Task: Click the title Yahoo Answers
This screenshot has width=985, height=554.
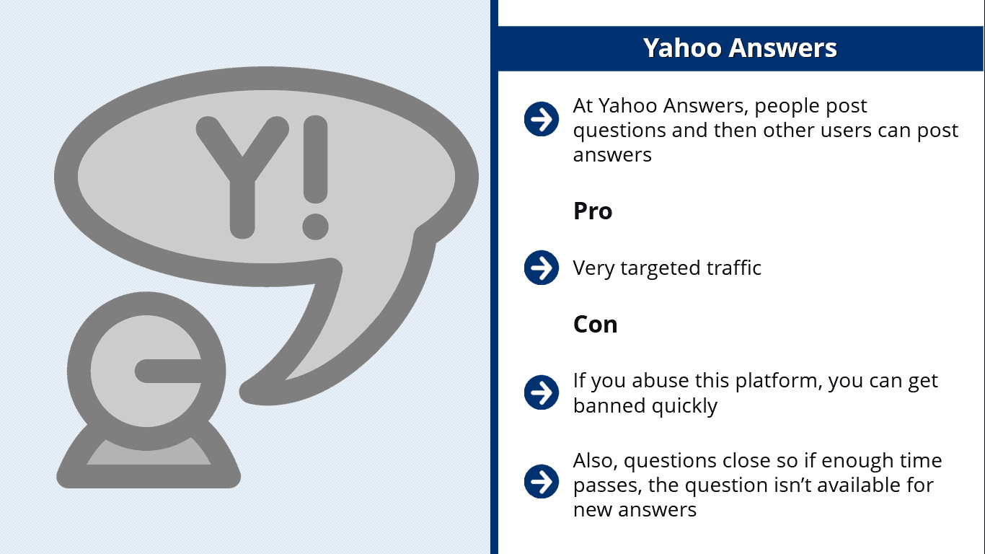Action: click(740, 48)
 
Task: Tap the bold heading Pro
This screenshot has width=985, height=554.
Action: click(592, 211)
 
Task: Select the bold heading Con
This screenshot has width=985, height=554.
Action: click(595, 325)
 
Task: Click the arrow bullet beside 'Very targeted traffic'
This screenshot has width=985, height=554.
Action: click(542, 268)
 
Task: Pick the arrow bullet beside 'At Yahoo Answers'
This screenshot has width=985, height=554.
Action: click(542, 119)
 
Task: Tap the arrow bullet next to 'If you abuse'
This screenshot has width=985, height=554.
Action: click(542, 392)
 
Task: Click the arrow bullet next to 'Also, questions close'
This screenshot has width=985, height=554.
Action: click(542, 481)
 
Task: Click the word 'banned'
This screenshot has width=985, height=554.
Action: click(609, 405)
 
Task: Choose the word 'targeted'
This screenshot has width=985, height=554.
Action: click(660, 268)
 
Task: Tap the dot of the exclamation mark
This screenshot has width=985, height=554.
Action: click(315, 227)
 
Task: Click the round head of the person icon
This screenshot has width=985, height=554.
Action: click(146, 371)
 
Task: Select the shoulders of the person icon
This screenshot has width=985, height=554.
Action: click(149, 457)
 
